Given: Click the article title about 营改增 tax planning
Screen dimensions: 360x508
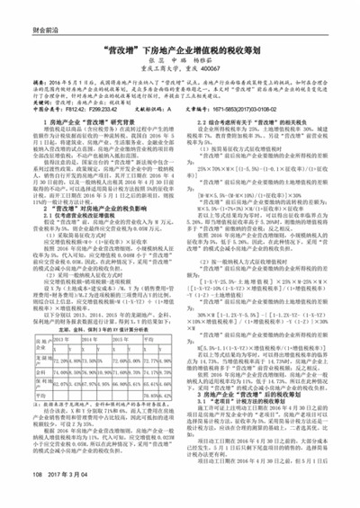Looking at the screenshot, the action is coord(181,53).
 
